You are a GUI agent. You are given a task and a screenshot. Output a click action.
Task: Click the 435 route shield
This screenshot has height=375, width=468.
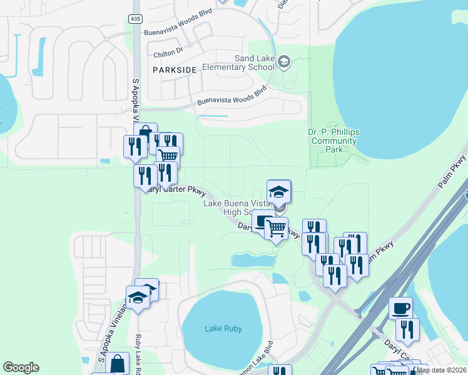136,19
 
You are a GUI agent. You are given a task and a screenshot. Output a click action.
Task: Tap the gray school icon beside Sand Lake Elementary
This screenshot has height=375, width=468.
284,61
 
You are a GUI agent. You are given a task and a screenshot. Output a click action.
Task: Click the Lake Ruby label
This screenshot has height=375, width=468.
223,328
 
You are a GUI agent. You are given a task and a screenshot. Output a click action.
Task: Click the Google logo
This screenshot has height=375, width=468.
21,367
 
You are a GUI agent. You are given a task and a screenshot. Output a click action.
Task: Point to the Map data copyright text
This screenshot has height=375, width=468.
442,370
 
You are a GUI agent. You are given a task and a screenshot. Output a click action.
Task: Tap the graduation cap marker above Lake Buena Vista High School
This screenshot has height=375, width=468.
279,191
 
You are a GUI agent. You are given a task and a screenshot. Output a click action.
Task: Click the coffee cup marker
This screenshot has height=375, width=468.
401,307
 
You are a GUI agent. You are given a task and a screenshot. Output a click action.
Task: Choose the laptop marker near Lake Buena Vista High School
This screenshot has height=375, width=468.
263,221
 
